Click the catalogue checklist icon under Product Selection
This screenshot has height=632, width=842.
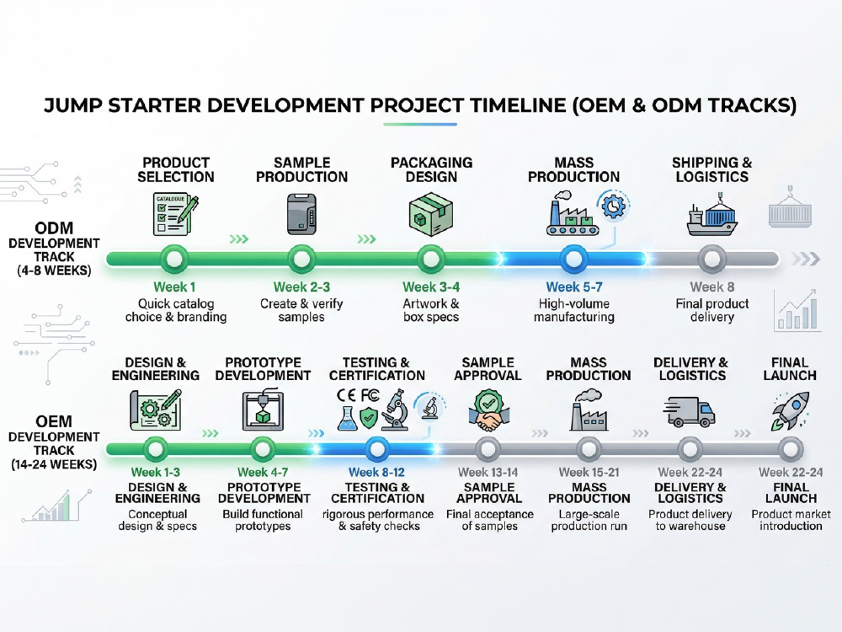pos(175,214)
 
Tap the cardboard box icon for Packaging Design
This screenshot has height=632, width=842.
pos(430,214)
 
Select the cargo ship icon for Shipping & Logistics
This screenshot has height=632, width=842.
pos(712,214)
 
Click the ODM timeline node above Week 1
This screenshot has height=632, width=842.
pos(174,259)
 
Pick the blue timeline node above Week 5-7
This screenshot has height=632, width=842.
pos(573,259)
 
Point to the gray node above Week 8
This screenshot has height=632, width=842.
pos(712,259)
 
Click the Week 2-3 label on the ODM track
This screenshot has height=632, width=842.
pos(301,287)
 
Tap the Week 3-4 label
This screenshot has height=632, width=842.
pos(431,287)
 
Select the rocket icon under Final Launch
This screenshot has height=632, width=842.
pos(791,411)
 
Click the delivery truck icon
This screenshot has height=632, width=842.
pos(689,412)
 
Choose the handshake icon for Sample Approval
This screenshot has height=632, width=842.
pos(488,411)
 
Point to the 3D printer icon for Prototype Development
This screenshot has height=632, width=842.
pos(263,411)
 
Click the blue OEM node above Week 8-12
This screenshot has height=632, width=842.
pos(377,449)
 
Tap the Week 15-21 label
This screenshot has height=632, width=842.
pos(589,473)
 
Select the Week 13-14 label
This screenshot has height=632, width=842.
pos(488,473)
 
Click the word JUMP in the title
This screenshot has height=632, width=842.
pos(72,105)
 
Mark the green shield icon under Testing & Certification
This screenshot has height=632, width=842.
pos(369,418)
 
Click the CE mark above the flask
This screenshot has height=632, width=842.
pos(346,395)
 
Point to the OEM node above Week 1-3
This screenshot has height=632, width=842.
pos(155,449)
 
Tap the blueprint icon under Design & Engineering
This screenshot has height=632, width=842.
pos(156,410)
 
